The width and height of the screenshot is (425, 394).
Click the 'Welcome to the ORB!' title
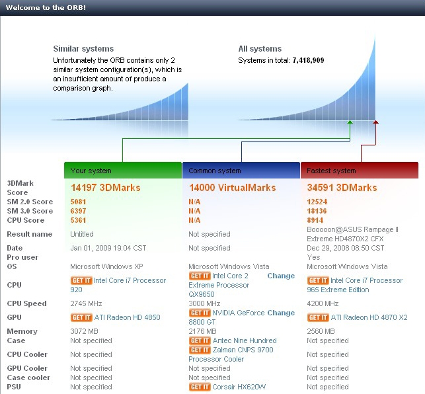(x=46, y=7)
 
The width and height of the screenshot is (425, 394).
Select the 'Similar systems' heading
(x=83, y=49)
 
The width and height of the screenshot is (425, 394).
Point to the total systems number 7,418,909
(x=308, y=60)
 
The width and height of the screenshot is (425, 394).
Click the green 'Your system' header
(x=123, y=171)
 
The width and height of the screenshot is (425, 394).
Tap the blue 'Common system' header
(x=241, y=171)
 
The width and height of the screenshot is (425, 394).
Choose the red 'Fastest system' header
(x=360, y=171)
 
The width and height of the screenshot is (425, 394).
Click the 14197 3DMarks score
(x=106, y=188)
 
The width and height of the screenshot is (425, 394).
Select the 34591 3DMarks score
(x=342, y=188)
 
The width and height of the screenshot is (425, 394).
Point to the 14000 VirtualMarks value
(x=232, y=188)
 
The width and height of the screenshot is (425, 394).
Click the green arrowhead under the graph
(x=350, y=122)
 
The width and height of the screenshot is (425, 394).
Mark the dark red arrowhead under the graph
(x=375, y=122)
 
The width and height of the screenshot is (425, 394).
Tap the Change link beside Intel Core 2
(x=281, y=276)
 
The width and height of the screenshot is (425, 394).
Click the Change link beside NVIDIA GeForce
(x=281, y=313)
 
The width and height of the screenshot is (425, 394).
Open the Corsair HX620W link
(x=239, y=387)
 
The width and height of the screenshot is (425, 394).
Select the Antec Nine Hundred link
(x=245, y=340)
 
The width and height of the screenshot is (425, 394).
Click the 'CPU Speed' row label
(x=27, y=303)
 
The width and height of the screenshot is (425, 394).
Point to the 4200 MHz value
(x=323, y=303)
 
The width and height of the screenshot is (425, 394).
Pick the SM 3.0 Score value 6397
(x=79, y=211)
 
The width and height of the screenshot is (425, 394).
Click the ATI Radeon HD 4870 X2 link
(x=369, y=317)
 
